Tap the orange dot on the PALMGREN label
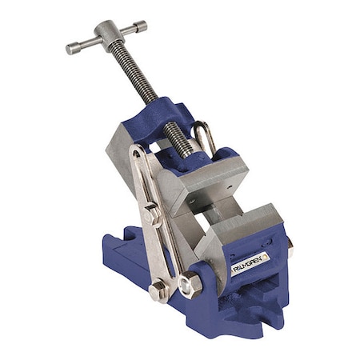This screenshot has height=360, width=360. tap(266, 255)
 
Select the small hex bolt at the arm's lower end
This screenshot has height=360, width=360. tap(157, 290)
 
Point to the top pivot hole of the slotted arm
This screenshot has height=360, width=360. tap(139, 154)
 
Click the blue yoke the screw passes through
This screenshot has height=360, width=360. tap(168, 120)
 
